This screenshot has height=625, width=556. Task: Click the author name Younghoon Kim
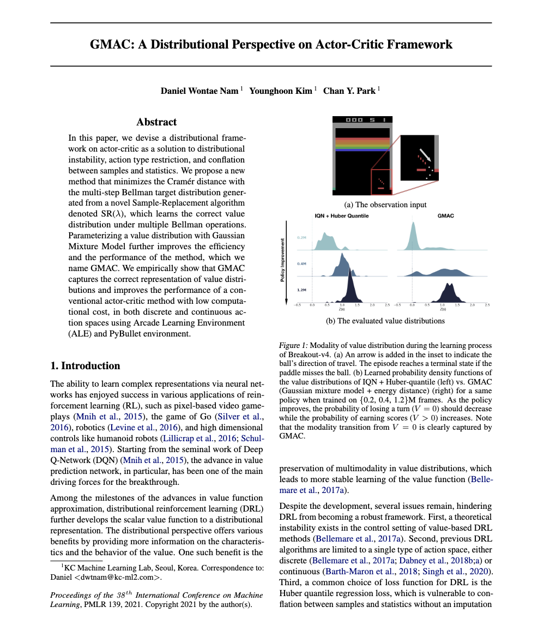[x=280, y=91]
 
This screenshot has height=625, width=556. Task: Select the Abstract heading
[x=156, y=122]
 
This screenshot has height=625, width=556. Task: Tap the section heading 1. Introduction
[x=85, y=365]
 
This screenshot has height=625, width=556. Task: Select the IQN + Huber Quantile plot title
[x=341, y=216]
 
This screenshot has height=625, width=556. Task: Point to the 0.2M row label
[x=301, y=238]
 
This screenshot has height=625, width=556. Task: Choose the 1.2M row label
[x=301, y=290]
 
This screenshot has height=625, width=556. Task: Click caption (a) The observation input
[x=385, y=205]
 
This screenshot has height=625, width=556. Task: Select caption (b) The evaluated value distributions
[x=385, y=321]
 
